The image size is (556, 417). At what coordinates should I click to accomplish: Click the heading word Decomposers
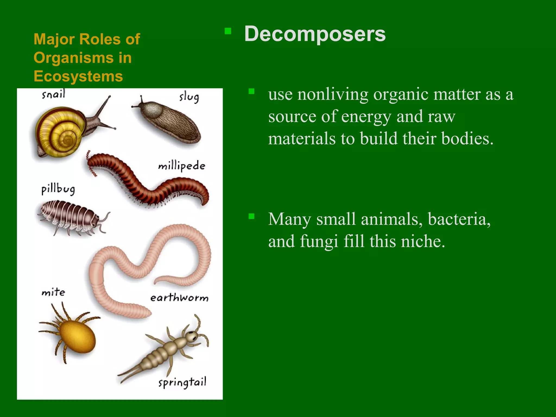pyautogui.click(x=315, y=34)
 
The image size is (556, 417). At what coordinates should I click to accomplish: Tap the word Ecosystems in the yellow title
pyautogui.click(x=78, y=76)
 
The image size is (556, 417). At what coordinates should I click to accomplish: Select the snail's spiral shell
pyautogui.click(x=61, y=130)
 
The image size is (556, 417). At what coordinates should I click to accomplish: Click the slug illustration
pyautogui.click(x=168, y=122)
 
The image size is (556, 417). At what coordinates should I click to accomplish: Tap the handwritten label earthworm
pyautogui.click(x=179, y=298)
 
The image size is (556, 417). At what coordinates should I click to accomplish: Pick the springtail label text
pyautogui.click(x=182, y=383)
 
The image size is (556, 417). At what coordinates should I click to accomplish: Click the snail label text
pyautogui.click(x=53, y=94)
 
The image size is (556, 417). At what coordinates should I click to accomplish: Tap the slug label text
pyautogui.click(x=189, y=97)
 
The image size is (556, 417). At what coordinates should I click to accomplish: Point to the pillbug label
pyautogui.click(x=58, y=189)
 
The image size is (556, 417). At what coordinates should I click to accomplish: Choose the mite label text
pyautogui.click(x=53, y=292)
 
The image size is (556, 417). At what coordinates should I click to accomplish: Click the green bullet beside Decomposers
pyautogui.click(x=228, y=31)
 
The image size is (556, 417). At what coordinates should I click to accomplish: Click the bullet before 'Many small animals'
pyautogui.click(x=251, y=216)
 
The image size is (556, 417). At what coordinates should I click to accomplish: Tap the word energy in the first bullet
pyautogui.click(x=366, y=117)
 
